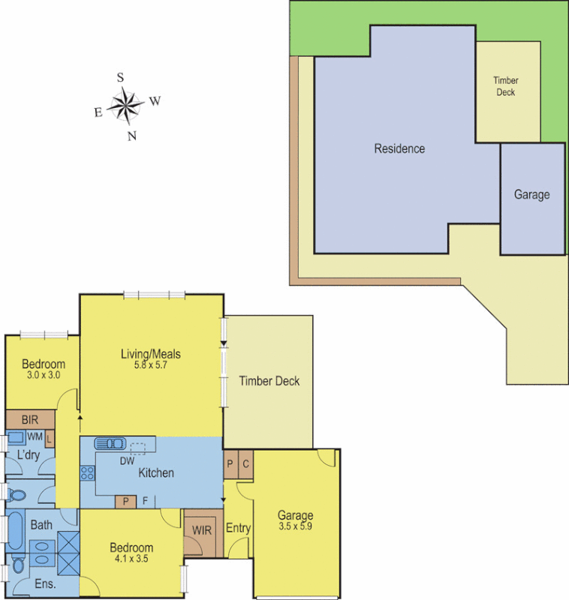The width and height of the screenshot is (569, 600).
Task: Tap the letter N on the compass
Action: click(132, 136)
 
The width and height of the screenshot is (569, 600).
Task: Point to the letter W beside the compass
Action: click(155, 101)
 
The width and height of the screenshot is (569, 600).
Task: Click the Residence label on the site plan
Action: click(399, 148)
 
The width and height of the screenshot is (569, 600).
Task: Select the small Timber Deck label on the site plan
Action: click(505, 86)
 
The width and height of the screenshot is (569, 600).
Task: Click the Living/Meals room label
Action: click(151, 354)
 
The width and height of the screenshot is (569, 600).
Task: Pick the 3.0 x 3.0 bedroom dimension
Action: click(43, 375)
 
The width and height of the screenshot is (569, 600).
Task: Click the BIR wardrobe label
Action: click(30, 420)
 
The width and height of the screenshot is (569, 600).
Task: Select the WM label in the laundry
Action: click(35, 436)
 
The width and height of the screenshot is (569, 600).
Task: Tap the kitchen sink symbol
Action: click(112, 443)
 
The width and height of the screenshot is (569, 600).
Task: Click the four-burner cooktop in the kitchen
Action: click(87, 473)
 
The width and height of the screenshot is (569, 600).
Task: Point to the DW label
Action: click(127, 461)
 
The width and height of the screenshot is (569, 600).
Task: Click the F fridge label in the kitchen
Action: click(145, 501)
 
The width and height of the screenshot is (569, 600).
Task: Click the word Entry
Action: click(238, 528)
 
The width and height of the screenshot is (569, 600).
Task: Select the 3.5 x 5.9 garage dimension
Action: click(295, 528)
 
